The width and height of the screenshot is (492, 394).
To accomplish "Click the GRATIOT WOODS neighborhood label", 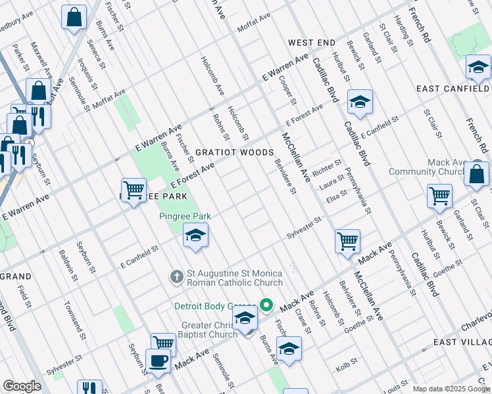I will click(x=234, y=152).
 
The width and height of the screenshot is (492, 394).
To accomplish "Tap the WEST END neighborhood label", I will click(x=312, y=43).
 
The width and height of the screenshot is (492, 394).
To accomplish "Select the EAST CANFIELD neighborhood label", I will click(x=453, y=89).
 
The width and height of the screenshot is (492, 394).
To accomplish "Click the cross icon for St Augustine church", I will click(x=176, y=277).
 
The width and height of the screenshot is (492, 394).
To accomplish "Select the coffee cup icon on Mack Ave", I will click(x=159, y=361).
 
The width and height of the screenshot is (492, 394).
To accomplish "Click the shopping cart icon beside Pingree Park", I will click(x=134, y=190).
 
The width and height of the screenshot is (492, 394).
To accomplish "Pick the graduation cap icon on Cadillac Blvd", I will click(x=360, y=102).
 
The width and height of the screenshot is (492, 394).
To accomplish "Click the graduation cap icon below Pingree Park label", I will click(x=195, y=236).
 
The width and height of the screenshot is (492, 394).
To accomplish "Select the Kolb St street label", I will click(x=347, y=362).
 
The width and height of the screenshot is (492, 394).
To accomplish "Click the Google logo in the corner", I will click(x=22, y=386).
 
